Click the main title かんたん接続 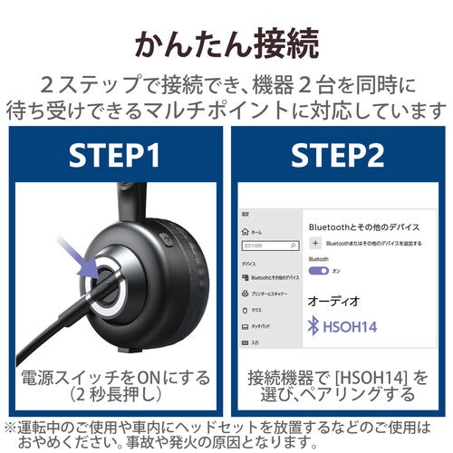(x=226, y=43)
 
